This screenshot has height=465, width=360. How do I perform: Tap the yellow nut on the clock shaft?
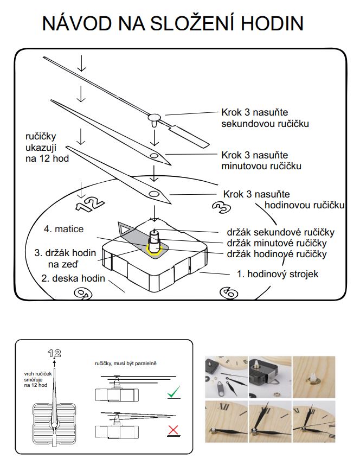coord(153,249)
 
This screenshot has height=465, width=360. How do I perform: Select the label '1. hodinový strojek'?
coord(277,274)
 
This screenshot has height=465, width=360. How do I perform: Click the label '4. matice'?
coord(63,229)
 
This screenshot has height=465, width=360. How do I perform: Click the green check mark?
coord(173,392)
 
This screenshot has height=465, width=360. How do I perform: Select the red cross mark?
coord(173,431)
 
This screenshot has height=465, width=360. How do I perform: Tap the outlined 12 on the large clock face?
coord(89,203)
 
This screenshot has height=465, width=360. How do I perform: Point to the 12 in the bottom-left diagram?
coord(54,353)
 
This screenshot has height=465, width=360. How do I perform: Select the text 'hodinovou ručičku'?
coord(305,205)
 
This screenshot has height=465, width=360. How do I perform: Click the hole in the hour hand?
coord(153,194)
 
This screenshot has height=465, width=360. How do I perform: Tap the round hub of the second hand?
coord(155,116)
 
